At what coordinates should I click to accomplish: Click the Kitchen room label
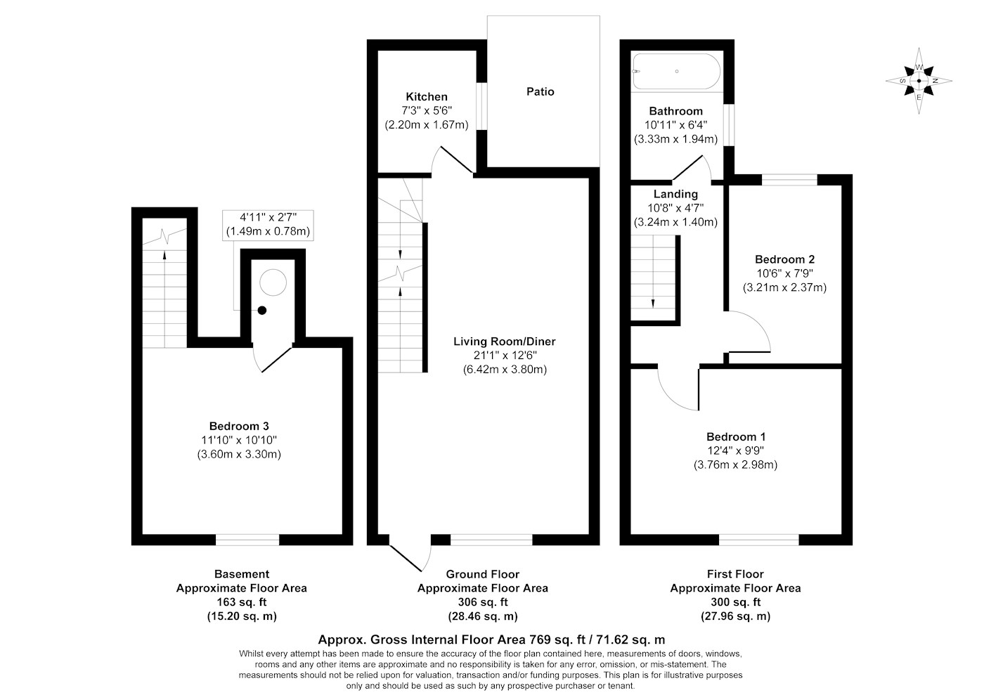point(427,97)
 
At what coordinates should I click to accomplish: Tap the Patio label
point(540,91)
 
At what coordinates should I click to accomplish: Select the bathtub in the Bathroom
point(676,72)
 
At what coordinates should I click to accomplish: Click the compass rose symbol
point(919,82)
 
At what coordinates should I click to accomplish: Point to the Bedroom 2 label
point(784,259)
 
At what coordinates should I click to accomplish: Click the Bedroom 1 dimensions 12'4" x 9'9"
point(735,450)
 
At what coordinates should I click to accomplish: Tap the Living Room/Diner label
point(505,342)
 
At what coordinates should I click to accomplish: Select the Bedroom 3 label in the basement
point(239,426)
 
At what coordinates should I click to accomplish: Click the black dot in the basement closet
point(262,311)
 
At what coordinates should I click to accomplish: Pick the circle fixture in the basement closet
point(273,282)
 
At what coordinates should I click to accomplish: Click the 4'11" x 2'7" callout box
point(268,225)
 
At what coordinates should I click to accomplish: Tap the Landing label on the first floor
point(675,194)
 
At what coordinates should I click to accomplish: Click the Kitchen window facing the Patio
point(482,106)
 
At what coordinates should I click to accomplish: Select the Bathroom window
point(730,125)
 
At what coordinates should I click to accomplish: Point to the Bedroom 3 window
point(247,540)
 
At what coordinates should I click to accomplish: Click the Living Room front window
point(491,540)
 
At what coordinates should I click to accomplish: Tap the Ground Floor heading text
point(483,574)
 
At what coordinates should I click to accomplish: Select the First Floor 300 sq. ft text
point(735,602)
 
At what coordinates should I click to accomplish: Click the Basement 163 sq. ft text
point(242,602)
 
